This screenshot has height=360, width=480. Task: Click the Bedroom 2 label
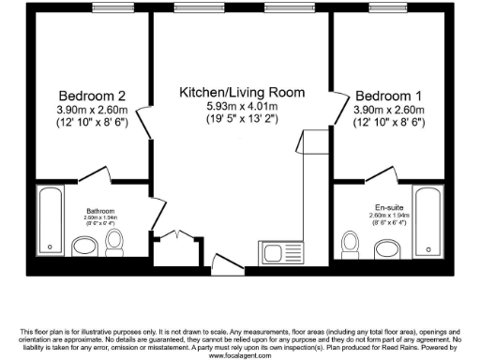[x=92, y=96]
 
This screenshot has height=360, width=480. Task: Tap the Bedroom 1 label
[x=388, y=96]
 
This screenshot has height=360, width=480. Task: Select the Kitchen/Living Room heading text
[x=243, y=92]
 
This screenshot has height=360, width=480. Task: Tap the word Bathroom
[x=101, y=211]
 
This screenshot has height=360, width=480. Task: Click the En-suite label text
[x=388, y=206]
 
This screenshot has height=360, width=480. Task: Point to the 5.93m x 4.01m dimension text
[x=243, y=106]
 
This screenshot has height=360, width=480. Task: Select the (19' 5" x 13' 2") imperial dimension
[x=243, y=119]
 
